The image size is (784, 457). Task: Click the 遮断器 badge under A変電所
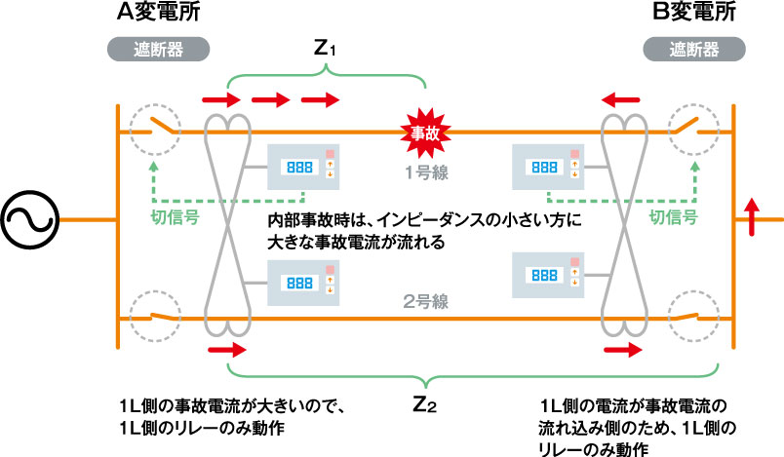[x=156, y=48]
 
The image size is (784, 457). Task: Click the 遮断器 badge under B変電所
[x=695, y=48]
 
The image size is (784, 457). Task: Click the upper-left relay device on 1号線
[x=302, y=167]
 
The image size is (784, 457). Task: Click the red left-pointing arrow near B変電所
[x=621, y=98]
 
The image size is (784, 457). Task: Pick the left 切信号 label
[x=176, y=217]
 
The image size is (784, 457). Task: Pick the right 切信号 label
[x=674, y=217]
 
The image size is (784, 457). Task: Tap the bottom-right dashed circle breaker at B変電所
[x=695, y=317]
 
